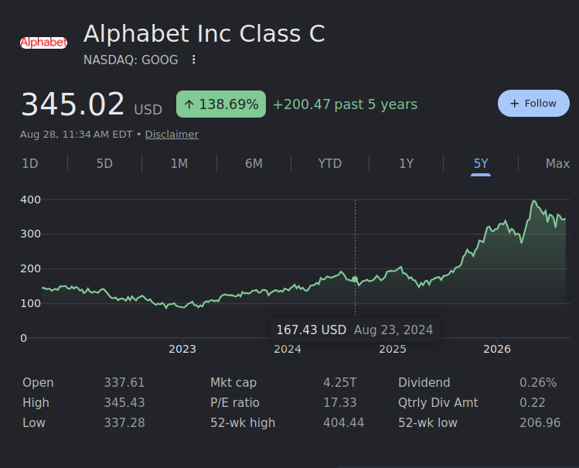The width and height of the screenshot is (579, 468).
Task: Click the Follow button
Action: tap(533, 104)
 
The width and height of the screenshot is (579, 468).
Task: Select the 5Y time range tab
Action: tap(481, 163)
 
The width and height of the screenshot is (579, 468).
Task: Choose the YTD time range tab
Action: tap(330, 163)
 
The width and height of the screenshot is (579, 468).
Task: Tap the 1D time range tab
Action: tap(30, 163)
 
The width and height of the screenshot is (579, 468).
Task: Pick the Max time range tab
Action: tap(557, 163)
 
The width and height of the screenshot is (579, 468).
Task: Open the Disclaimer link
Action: tap(172, 134)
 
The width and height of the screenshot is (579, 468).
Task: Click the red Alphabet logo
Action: tap(43, 43)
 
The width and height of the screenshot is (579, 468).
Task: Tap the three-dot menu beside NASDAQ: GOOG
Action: tap(193, 60)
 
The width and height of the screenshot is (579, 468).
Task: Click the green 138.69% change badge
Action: tap(221, 104)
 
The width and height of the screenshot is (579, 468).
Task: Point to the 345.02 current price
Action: tap(73, 104)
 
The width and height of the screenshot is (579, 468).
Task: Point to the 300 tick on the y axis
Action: tap(30, 234)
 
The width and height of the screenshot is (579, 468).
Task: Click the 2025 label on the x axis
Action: tap(393, 349)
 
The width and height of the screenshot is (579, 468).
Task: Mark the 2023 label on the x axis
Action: tap(182, 349)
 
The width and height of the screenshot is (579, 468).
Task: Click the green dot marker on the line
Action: tap(355, 279)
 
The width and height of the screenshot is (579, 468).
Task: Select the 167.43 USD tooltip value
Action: tap(312, 330)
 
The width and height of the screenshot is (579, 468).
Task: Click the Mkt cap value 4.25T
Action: tap(339, 382)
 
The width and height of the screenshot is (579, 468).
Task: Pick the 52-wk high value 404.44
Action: tap(343, 422)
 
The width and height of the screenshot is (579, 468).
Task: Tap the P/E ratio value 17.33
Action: tap(339, 402)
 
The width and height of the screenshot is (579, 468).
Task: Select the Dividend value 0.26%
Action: tap(538, 382)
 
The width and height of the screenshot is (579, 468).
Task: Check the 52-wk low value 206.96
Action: tap(540, 422)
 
